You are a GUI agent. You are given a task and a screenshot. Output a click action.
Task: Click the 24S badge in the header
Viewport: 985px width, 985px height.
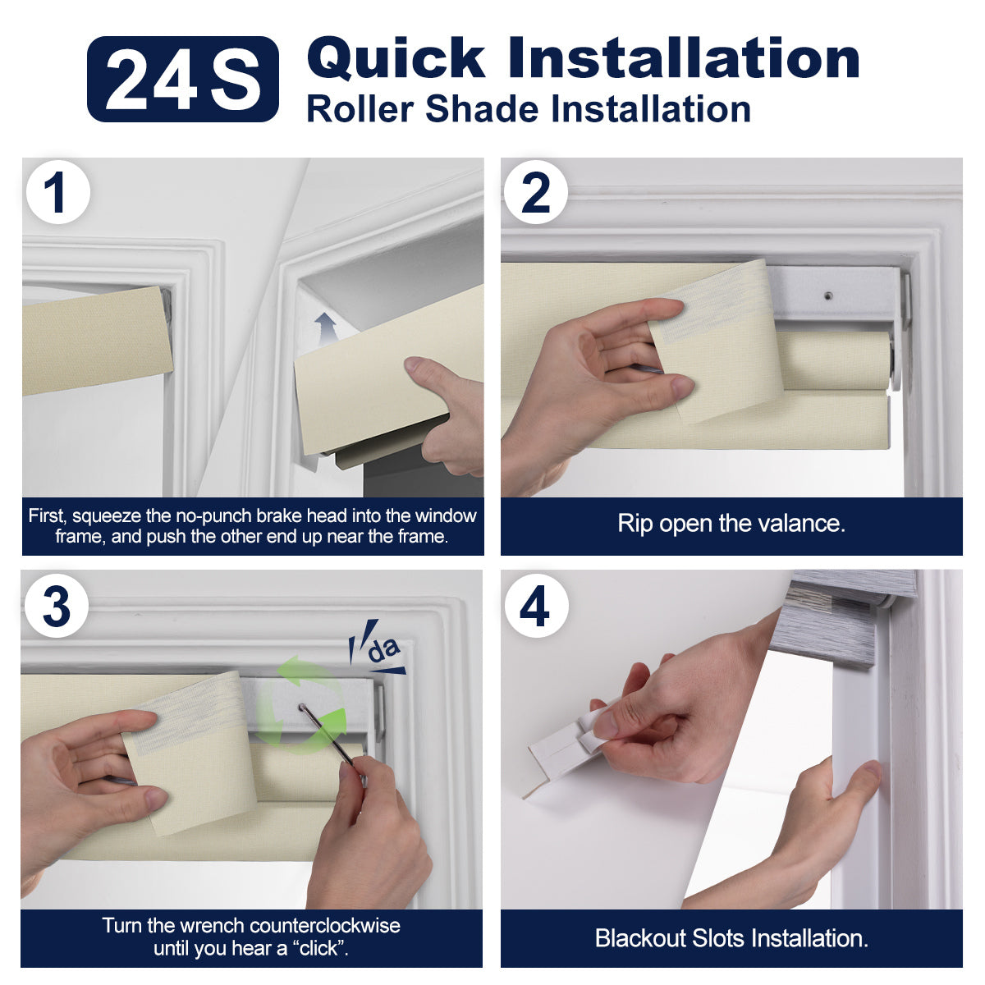[182, 79]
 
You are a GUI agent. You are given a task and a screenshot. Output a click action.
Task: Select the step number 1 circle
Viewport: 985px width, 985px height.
[57, 192]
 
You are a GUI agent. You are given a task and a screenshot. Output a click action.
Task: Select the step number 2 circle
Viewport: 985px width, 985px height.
[536, 192]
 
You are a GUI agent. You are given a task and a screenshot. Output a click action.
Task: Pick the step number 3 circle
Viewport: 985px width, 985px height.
[57, 606]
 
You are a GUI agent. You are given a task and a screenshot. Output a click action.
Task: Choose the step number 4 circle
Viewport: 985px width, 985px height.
[536, 606]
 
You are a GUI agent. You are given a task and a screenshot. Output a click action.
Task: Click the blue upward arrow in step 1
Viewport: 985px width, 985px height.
[325, 329]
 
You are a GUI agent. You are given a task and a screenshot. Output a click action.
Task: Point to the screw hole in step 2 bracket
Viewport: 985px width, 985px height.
[828, 296]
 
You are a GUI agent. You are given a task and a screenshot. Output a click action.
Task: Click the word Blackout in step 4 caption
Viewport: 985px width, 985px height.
[640, 938]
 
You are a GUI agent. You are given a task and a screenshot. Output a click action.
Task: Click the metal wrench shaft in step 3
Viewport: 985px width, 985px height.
[327, 735]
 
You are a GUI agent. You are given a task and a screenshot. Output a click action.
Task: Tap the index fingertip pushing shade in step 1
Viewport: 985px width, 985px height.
[413, 364]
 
